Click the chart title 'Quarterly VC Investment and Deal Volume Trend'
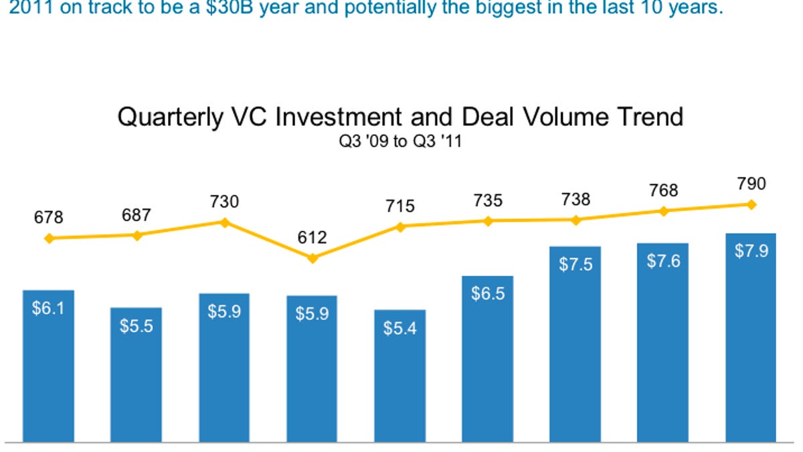[x=400, y=117]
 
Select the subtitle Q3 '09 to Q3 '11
[x=400, y=143]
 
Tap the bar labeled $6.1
[x=48, y=366]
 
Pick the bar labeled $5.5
[x=136, y=375]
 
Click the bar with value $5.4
[x=399, y=376]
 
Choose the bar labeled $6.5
[x=488, y=359]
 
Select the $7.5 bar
[x=575, y=344]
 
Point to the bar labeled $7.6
[x=663, y=343]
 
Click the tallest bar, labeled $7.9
[x=751, y=338]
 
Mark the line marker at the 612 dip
[x=312, y=258]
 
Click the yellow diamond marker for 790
[x=751, y=204]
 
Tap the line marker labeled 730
[x=225, y=222]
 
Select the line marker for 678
[x=48, y=238]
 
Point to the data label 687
[x=137, y=215]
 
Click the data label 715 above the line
[x=400, y=206]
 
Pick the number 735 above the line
[x=488, y=200]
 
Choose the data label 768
[x=663, y=191]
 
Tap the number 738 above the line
[x=575, y=200]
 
